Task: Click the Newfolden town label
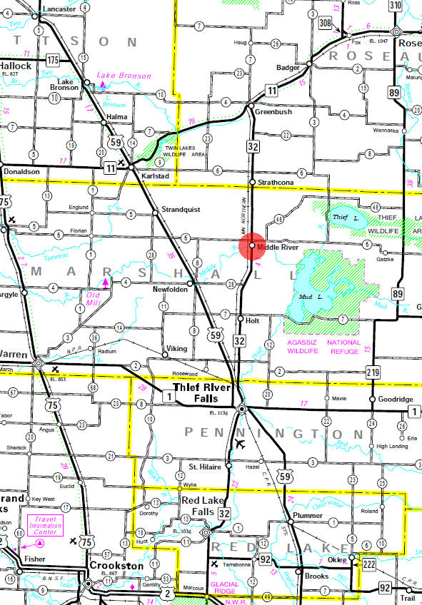click(x=170, y=290)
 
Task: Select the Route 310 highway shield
click(x=396, y=6)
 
